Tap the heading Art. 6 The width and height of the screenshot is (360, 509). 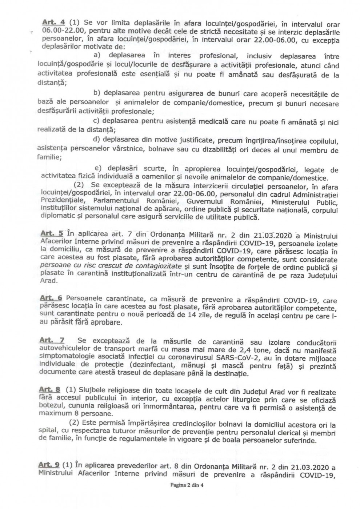(51, 298)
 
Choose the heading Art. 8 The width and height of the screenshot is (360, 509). (50, 390)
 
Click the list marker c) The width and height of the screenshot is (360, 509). (97, 121)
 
